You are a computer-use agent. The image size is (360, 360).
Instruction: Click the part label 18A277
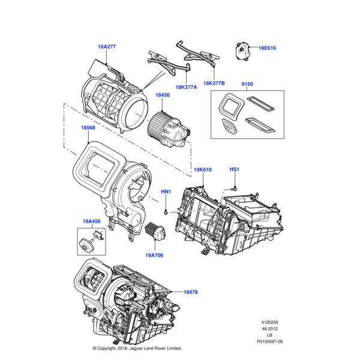(x=106, y=46)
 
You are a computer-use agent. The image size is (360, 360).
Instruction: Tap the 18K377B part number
(x=214, y=83)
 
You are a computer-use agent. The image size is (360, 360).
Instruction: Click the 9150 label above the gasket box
(x=247, y=85)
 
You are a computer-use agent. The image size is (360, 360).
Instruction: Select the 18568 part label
(x=88, y=128)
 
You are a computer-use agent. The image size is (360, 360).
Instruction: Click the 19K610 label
(x=203, y=170)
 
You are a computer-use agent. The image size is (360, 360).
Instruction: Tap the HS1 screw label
(x=235, y=170)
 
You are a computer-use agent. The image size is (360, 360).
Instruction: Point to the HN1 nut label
(x=166, y=192)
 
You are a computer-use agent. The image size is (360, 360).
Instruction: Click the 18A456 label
(x=91, y=221)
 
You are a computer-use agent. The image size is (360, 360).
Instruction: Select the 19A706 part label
(x=154, y=255)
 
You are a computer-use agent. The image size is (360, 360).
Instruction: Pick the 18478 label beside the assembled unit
(x=190, y=292)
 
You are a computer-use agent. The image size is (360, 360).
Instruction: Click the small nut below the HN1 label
(x=166, y=212)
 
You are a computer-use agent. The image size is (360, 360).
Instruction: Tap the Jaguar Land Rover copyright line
(x=137, y=348)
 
